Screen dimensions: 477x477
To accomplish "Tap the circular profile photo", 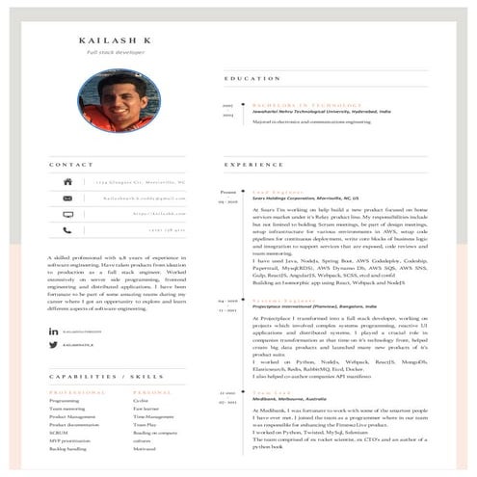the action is tap(119, 100).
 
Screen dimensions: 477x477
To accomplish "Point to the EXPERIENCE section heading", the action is tap(253, 165).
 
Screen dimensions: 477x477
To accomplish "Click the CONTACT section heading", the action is tap(71, 165).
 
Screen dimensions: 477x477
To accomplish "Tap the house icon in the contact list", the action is tap(68, 181).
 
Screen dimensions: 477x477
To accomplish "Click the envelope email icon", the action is tap(68, 198).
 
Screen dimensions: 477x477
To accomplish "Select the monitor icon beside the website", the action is tap(68, 214).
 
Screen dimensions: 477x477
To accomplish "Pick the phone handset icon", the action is tap(68, 230).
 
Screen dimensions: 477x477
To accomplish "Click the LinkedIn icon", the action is tap(54, 331).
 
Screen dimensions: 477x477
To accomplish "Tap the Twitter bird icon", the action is tap(54, 344).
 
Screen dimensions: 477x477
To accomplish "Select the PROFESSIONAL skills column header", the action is tap(77, 392).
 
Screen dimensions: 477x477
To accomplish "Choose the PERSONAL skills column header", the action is tap(152, 392).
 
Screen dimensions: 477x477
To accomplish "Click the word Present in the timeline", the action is tap(227, 192).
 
